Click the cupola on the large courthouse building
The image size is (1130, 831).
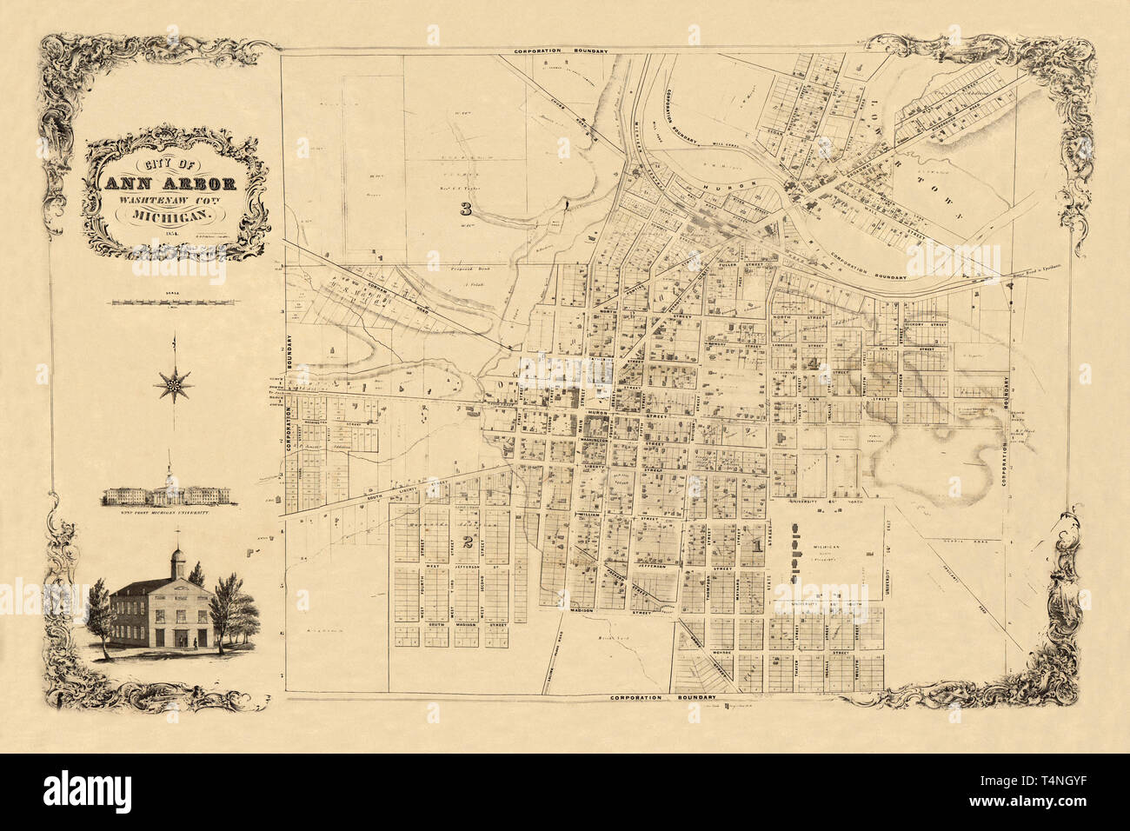[x=176, y=558]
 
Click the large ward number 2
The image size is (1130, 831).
[x=467, y=544]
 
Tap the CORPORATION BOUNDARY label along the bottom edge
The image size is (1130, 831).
[x=661, y=698]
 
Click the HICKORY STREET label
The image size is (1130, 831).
[x=926, y=324]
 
